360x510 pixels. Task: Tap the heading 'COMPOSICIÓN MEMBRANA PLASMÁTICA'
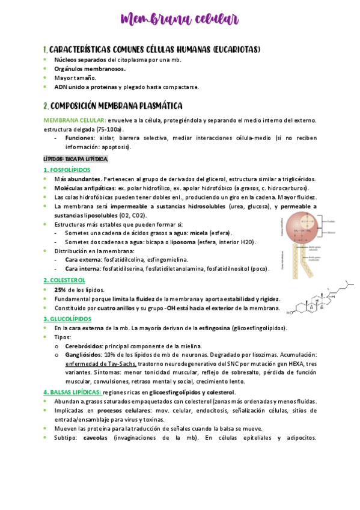pyautogui.click(x=117, y=106)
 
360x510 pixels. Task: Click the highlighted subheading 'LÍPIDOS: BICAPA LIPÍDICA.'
pyautogui.click(x=76, y=159)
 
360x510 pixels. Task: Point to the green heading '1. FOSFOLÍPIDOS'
pyautogui.click(x=67, y=170)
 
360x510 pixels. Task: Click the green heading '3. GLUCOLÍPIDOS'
pyautogui.click(x=68, y=318)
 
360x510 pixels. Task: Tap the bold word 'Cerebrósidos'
pyautogui.click(x=84, y=346)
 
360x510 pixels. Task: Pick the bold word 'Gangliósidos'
pyautogui.click(x=84, y=355)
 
